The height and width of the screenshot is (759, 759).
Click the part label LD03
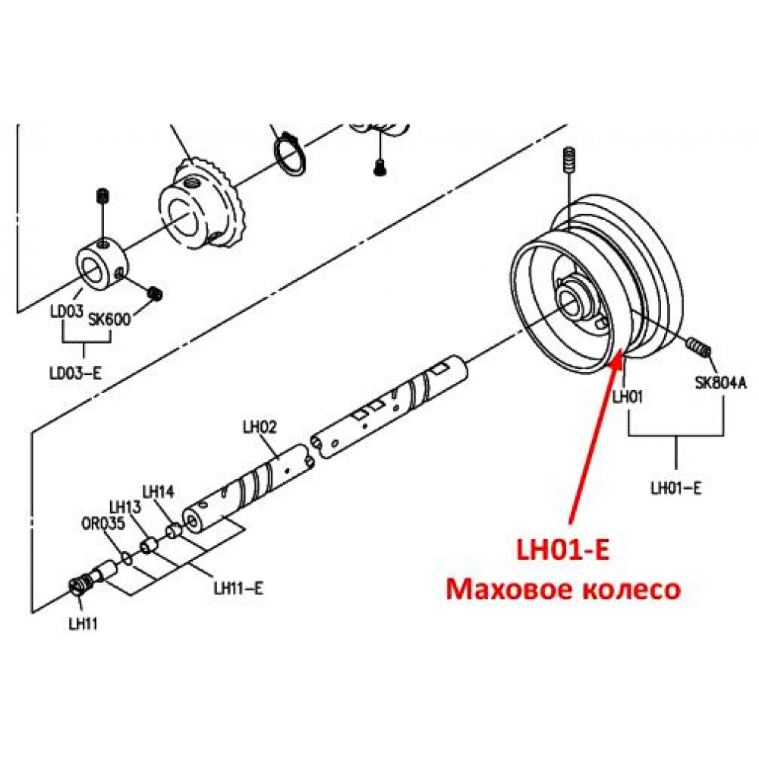click(x=68, y=310)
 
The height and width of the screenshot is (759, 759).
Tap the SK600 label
click(x=109, y=320)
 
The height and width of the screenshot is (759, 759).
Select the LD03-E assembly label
click(x=76, y=373)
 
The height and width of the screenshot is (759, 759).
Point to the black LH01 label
click(x=628, y=397)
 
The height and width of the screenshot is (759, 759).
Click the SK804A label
click(x=721, y=383)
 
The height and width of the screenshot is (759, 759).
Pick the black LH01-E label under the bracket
click(x=676, y=488)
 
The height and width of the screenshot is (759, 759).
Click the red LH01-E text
click(x=562, y=550)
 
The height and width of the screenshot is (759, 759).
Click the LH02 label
click(x=260, y=427)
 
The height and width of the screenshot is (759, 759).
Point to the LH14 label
click(x=158, y=492)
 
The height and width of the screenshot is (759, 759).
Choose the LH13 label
click(x=125, y=507)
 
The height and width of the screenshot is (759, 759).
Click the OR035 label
click(x=103, y=523)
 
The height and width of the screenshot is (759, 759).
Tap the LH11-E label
click(x=238, y=589)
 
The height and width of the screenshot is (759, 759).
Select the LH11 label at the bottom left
click(x=83, y=624)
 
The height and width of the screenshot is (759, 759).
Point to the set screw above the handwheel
click(x=570, y=159)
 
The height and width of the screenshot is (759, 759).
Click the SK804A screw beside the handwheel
click(x=698, y=347)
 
